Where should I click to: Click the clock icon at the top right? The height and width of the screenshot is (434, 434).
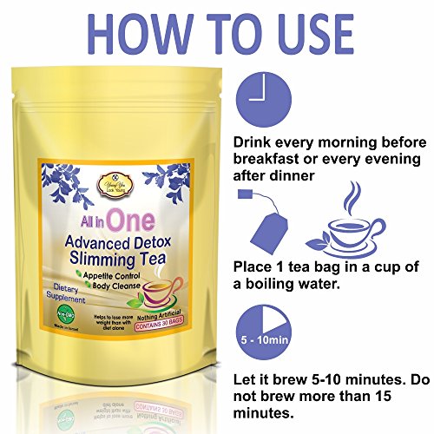[259, 92]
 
